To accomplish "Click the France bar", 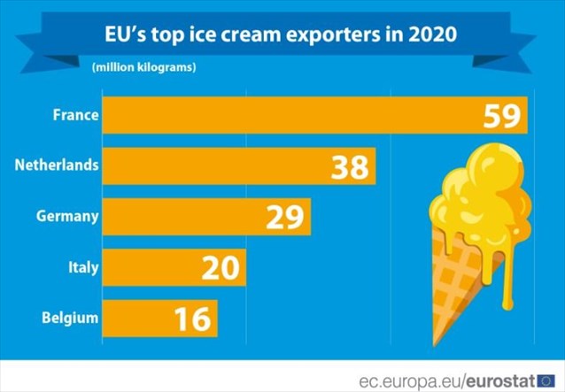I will coord(292,115).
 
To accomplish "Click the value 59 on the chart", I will coord(502,116).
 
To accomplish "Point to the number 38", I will coord(350,166).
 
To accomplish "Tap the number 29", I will coord(284,217).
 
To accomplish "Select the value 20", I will coord(219,266).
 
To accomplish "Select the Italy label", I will coord(83,265).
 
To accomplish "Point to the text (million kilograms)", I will coord(143,67).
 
